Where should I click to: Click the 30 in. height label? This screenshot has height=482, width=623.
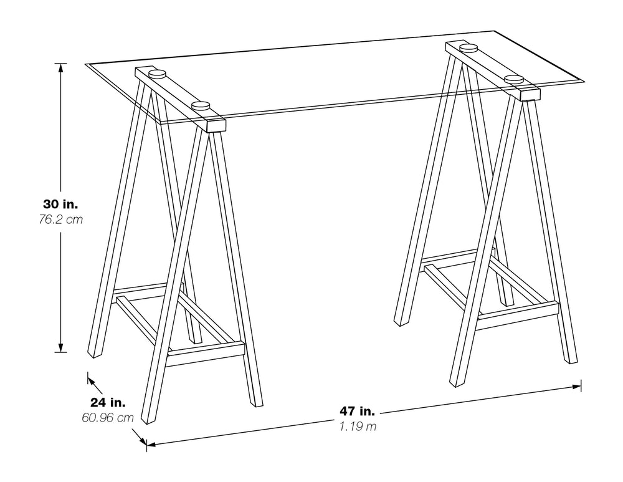click(x=60, y=205)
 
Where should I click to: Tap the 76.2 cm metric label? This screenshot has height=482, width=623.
click(x=60, y=219)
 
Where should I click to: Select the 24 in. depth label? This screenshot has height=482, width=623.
click(x=108, y=402)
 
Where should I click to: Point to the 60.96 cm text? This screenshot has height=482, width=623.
click(x=108, y=418)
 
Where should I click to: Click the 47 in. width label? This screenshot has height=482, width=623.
click(x=357, y=410)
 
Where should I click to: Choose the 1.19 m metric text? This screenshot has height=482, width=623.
click(x=358, y=427)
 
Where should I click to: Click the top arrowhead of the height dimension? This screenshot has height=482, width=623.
click(x=60, y=67)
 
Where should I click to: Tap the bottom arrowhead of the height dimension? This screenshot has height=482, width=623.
click(x=60, y=347)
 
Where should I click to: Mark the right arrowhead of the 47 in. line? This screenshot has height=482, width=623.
click(x=576, y=386)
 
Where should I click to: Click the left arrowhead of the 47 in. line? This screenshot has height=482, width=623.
click(x=151, y=444)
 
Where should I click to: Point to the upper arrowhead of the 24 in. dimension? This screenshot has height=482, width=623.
click(x=92, y=381)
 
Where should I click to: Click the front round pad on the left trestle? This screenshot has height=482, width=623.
click(x=200, y=106)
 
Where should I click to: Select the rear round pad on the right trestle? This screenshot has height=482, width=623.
click(x=468, y=48)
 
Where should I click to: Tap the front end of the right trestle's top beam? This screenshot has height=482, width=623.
click(x=530, y=95)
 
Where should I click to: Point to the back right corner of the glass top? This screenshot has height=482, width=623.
click(x=495, y=31)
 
